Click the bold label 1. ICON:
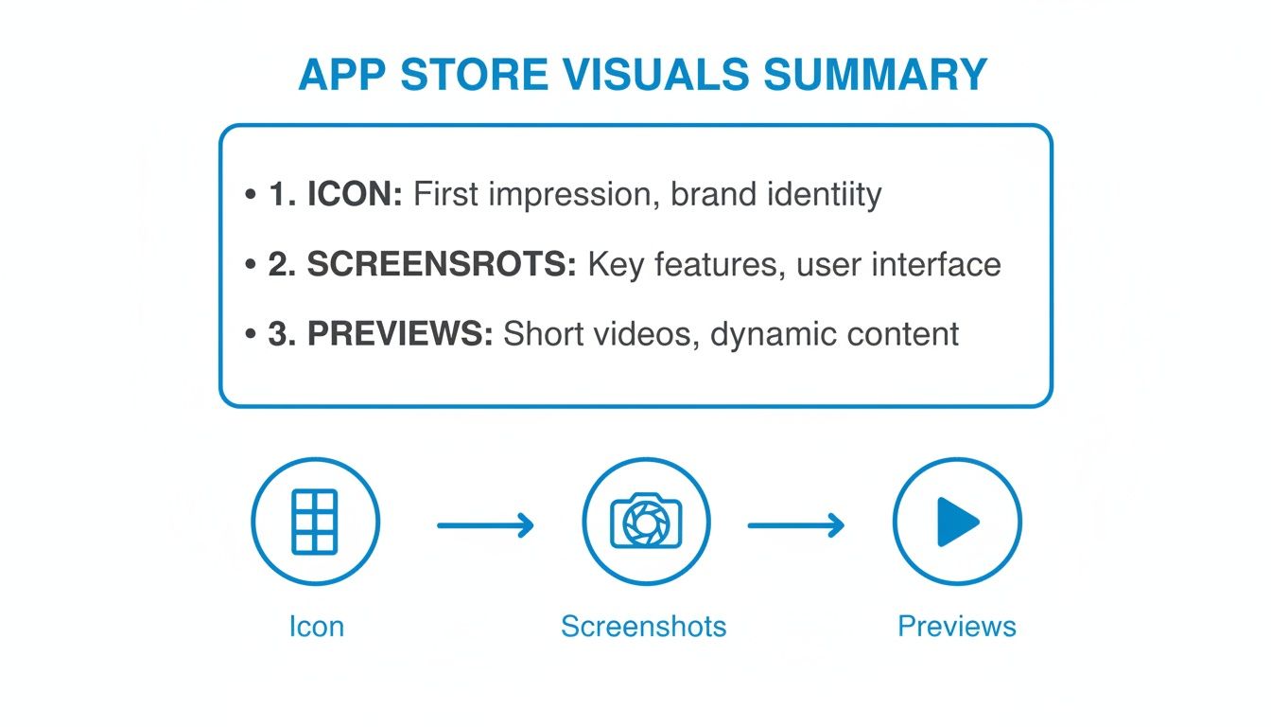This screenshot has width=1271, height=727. tap(336, 195)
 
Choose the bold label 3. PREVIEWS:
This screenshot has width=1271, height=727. tap(380, 334)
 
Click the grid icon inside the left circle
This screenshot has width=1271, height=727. tap(315, 522)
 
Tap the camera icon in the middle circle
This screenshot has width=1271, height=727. tap(646, 522)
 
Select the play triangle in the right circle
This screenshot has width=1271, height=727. tap(957, 522)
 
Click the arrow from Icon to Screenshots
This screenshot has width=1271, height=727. tap(485, 523)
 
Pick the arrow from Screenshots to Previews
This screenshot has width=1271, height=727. tap(796, 523)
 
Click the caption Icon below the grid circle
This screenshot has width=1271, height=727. tap(316, 627)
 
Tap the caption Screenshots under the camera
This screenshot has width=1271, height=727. tap(643, 627)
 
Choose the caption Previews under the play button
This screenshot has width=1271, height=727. tap(957, 627)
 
